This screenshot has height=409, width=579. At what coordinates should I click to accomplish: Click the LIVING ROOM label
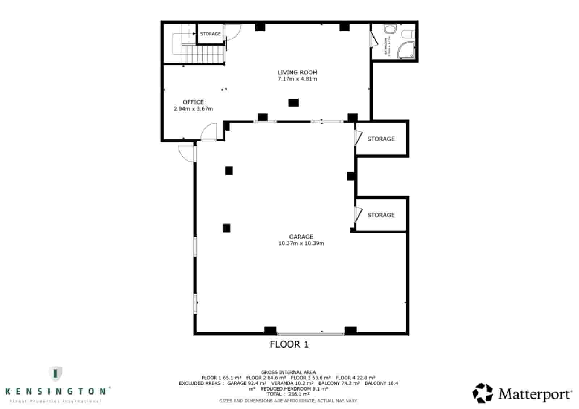click(x=297, y=72)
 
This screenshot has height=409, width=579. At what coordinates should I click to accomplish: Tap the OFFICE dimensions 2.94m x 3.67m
click(x=193, y=108)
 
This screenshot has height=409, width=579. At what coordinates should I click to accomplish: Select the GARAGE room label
click(x=301, y=237)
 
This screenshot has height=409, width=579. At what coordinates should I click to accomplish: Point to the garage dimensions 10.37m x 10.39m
click(x=301, y=243)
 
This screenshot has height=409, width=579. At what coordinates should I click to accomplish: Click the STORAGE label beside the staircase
click(x=210, y=34)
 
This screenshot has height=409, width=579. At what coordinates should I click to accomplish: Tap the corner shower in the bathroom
click(x=407, y=50)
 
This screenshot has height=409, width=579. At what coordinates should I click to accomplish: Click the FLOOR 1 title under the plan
click(x=289, y=344)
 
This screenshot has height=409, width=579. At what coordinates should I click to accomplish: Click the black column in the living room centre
click(x=293, y=103)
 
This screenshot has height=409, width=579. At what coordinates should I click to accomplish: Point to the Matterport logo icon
click(x=482, y=393)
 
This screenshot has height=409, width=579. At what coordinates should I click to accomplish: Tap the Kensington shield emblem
click(x=55, y=374)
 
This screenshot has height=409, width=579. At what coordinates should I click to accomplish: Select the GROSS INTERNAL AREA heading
click(x=288, y=372)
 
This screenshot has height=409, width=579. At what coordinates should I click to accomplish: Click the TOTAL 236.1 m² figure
click(x=288, y=394)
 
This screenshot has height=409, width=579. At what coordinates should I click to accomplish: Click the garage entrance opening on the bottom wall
click(x=310, y=332)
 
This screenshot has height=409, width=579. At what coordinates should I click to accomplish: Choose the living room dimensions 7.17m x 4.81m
click(x=297, y=79)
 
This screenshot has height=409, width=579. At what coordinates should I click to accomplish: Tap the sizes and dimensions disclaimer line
click(x=288, y=401)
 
